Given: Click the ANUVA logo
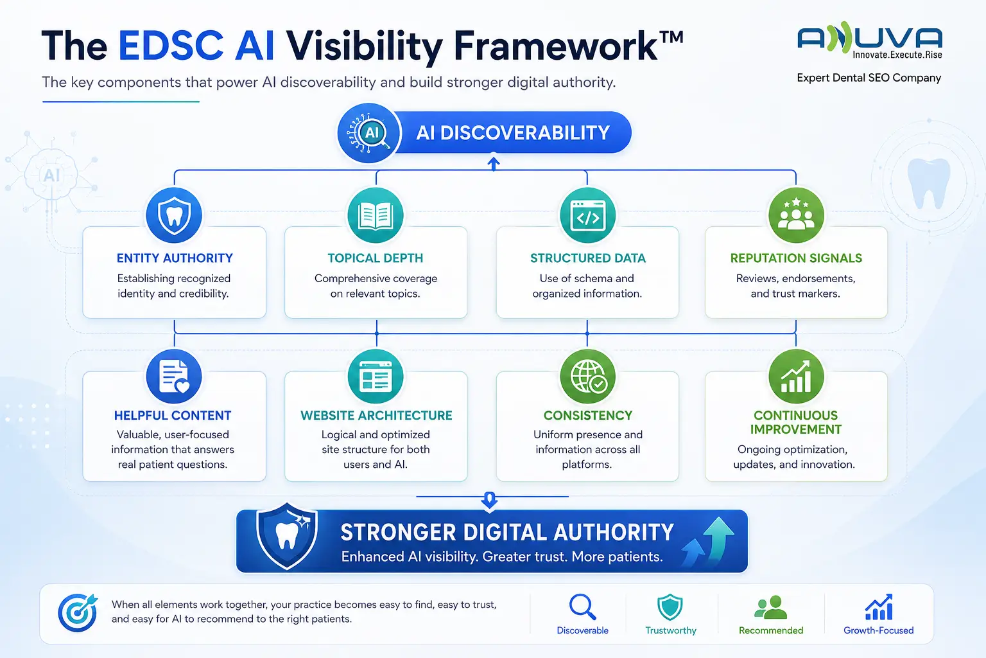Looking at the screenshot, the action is point(869,40).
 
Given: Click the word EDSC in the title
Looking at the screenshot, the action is point(171,46).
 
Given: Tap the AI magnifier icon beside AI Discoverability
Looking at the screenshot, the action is point(369,133).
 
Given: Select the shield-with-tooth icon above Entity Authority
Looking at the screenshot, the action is point(174,215).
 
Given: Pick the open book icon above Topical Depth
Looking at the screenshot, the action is point(376,215).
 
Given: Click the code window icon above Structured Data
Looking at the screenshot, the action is point(587,215).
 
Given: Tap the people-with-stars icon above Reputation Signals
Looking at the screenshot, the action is point(796,215).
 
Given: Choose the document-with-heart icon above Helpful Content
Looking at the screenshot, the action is point(174,377).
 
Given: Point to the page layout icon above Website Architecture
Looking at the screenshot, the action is point(376,377).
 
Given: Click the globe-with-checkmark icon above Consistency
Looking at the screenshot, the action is point(587,377).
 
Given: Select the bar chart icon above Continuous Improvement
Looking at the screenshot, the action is point(796,377).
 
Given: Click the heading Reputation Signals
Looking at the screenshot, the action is point(796,258).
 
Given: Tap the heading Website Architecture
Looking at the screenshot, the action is point(376,416).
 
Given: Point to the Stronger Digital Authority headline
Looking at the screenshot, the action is point(507,533).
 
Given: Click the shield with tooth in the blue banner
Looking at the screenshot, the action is point(287,537).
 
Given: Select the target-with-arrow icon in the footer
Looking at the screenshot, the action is point(78,612).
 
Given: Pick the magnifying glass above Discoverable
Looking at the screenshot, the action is point(582,607).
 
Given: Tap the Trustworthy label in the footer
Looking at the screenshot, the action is point(671,630).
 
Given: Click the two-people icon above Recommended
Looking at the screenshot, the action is point(770,607).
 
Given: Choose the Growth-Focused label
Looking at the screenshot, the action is point(879,630).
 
